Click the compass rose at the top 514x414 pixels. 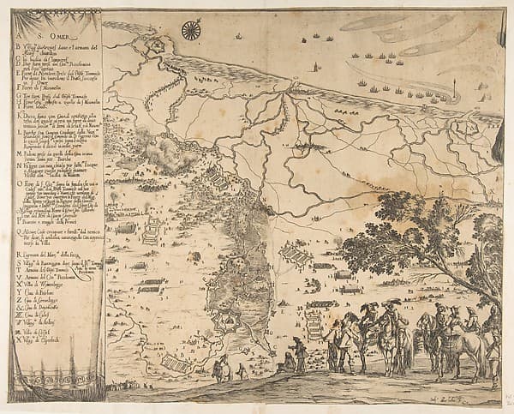(191, 31)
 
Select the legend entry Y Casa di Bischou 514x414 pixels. (43, 292)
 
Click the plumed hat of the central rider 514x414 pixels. (391, 304)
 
